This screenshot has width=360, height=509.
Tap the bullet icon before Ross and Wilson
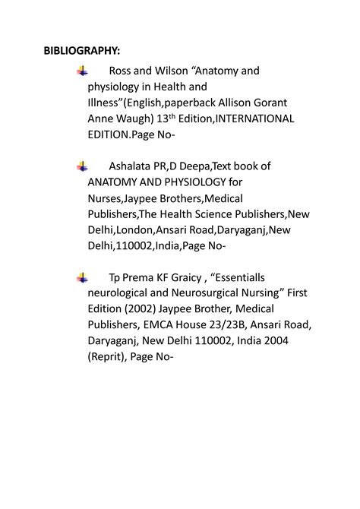(x=82, y=71)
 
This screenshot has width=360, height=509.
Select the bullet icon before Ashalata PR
(x=82, y=166)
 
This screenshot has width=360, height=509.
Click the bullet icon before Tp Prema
(x=82, y=278)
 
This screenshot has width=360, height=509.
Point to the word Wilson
(x=171, y=71)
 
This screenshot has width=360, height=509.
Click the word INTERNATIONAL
(x=255, y=119)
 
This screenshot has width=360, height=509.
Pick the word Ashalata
(x=133, y=166)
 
